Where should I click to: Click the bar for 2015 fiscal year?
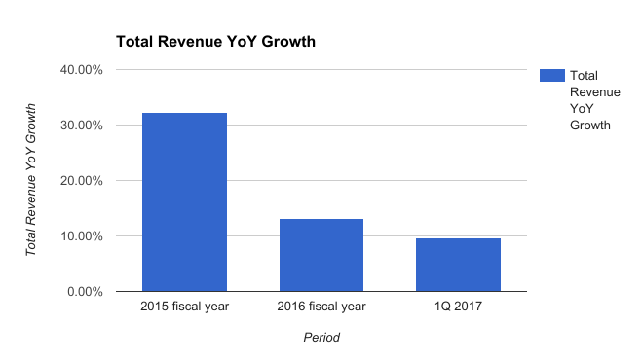pyautogui.click(x=185, y=202)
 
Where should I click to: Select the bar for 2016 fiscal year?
pyautogui.click(x=321, y=255)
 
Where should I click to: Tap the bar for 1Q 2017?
pyautogui.click(x=458, y=265)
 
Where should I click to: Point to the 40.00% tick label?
pyautogui.click(x=85, y=70)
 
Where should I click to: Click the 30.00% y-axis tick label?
pyautogui.click(x=85, y=126)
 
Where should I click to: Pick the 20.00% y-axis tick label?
pyautogui.click(x=85, y=181)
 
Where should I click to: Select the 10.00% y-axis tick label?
pyautogui.click(x=85, y=236)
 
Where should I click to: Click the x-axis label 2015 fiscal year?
pyautogui.click(x=185, y=307)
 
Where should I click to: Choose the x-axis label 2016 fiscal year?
pyautogui.click(x=321, y=307)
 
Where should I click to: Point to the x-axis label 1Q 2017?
pyautogui.click(x=458, y=307)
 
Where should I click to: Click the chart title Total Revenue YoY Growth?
pyautogui.click(x=215, y=43)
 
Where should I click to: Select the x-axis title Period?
pyautogui.click(x=321, y=338)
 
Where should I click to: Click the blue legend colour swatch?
pyautogui.click(x=551, y=75)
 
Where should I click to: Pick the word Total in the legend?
pyautogui.click(x=584, y=75)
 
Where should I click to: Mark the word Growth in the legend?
pyautogui.click(x=589, y=125)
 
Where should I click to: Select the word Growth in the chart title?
pyautogui.click(x=292, y=43)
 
